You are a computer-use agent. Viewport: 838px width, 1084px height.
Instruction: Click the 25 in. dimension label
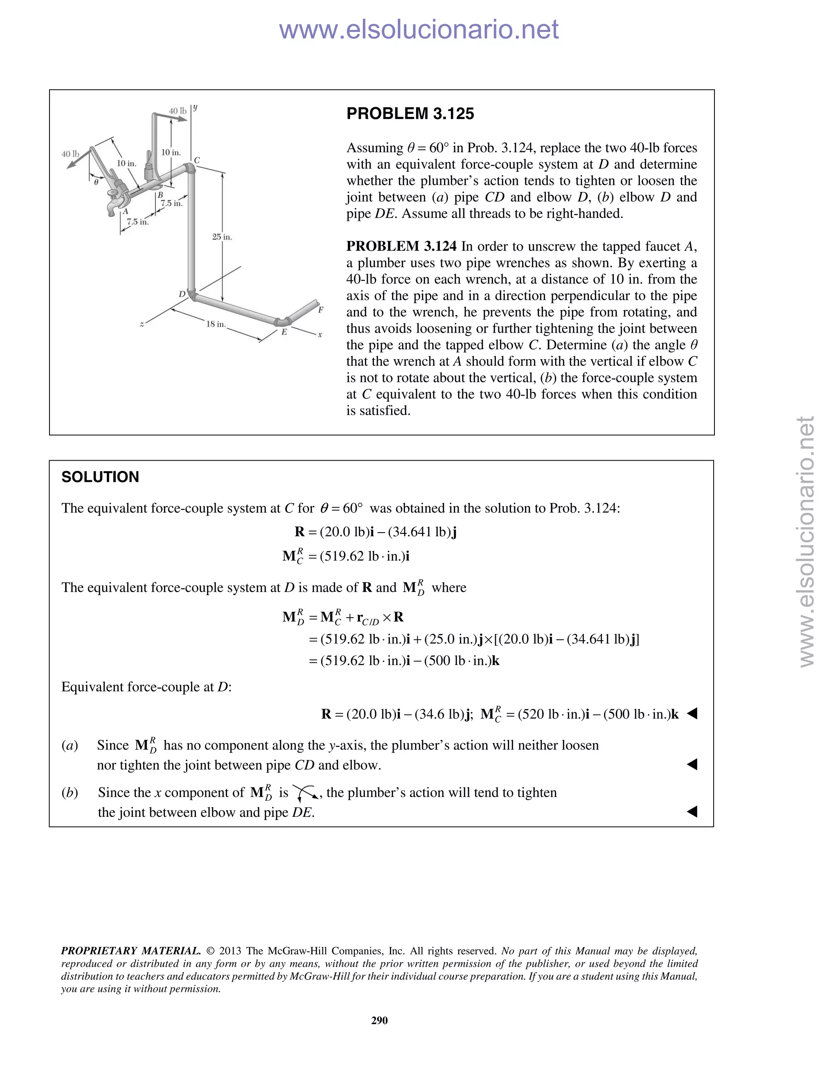tap(222, 237)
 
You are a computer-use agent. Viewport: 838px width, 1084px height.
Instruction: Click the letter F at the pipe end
tap(320, 310)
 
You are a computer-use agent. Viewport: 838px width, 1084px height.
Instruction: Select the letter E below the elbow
tap(284, 332)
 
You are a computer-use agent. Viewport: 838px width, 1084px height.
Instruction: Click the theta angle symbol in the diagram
tap(96, 182)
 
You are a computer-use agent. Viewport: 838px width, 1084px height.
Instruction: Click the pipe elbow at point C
tap(189, 169)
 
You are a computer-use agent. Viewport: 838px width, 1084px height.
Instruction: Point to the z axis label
tap(142, 325)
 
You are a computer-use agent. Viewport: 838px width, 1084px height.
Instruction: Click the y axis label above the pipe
tap(195, 107)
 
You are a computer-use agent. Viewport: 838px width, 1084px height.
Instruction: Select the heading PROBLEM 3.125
tap(410, 114)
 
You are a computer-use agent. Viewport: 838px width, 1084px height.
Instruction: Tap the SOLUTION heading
tap(100, 477)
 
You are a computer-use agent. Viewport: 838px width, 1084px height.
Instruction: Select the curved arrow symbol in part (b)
tap(305, 793)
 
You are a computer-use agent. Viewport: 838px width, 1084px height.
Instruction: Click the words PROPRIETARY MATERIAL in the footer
tap(131, 951)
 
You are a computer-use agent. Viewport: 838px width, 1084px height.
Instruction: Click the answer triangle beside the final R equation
tap(692, 714)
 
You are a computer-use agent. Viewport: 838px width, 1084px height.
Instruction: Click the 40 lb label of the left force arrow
tap(70, 154)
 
